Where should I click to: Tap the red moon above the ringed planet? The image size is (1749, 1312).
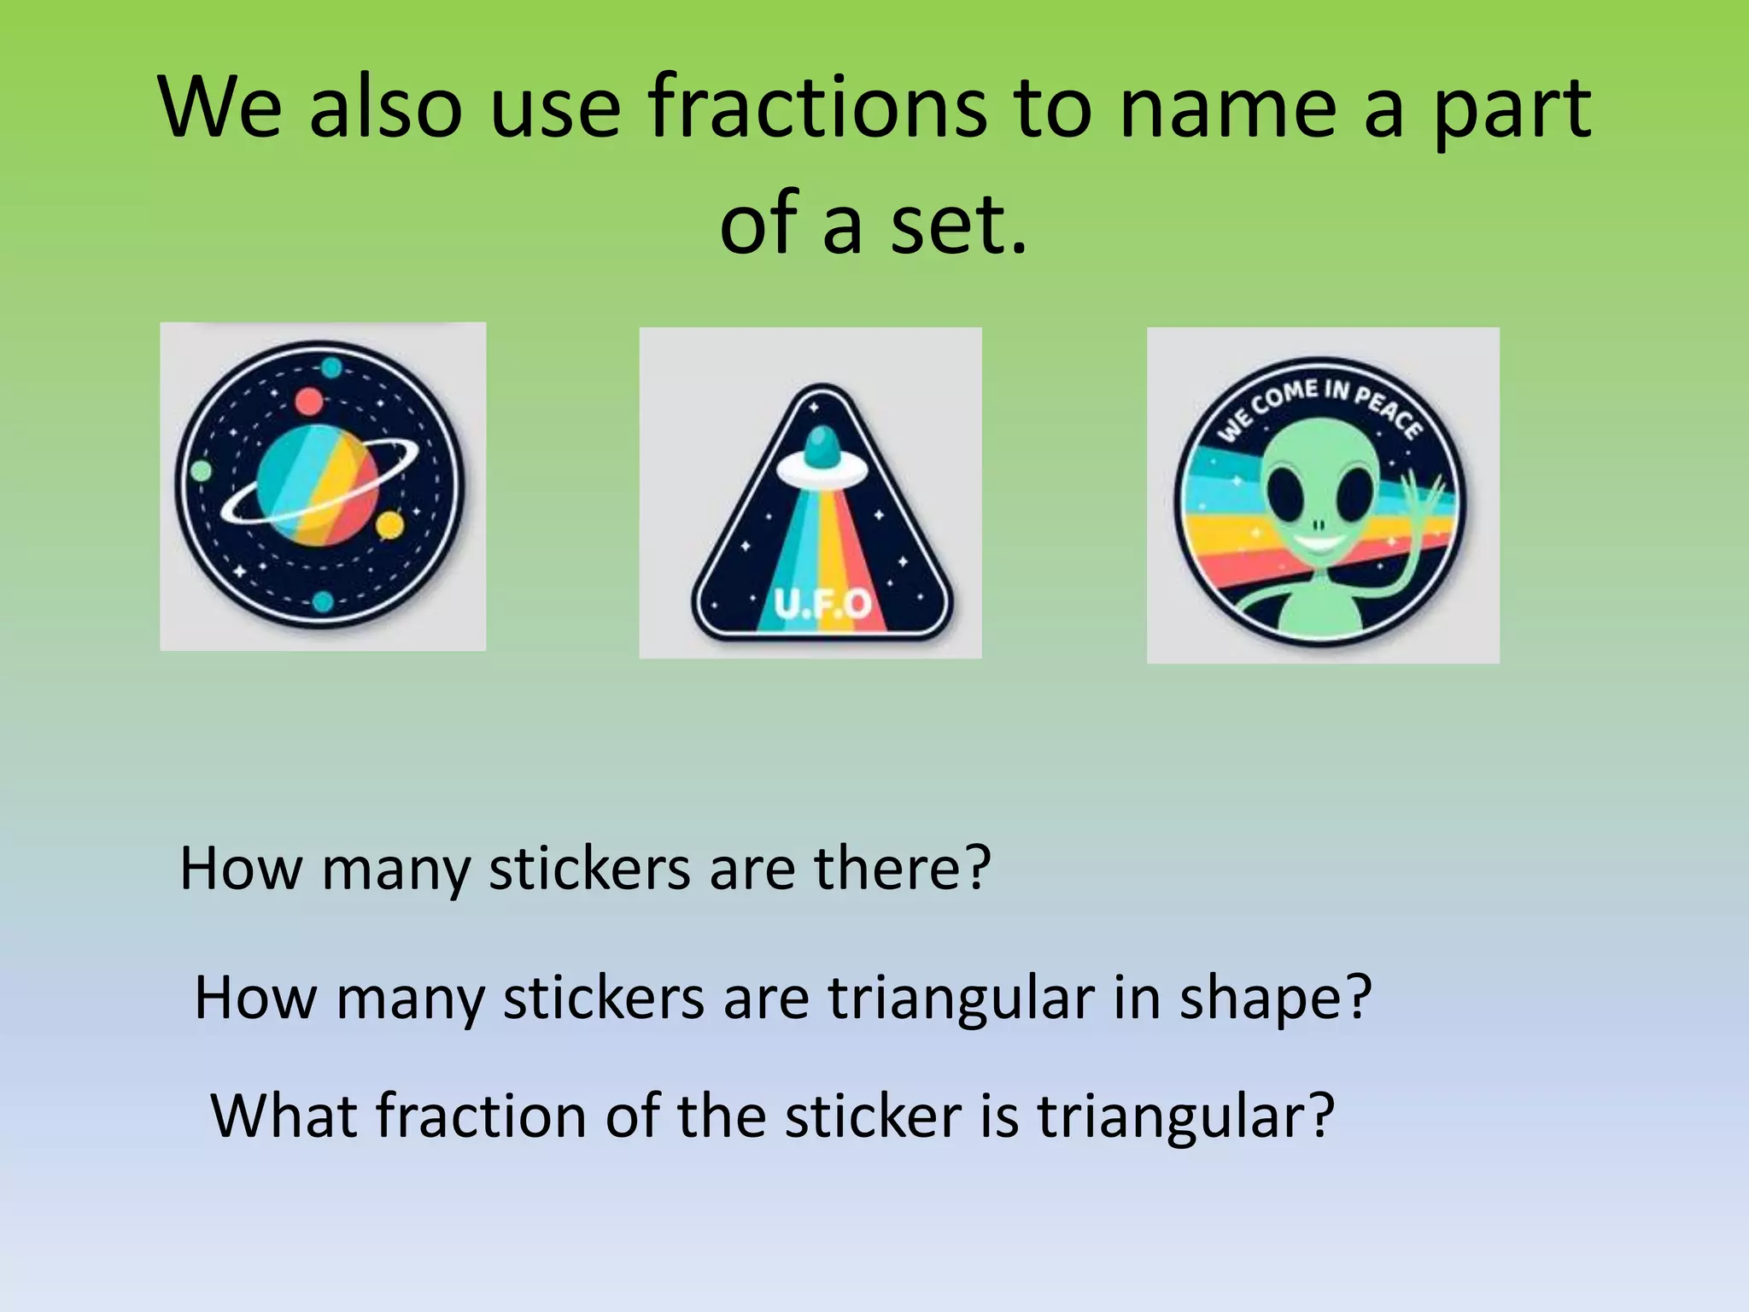point(308,401)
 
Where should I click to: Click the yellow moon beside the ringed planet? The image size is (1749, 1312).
point(389,524)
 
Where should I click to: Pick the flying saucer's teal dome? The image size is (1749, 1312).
point(822,448)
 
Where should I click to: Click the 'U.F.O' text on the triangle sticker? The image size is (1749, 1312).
point(822,604)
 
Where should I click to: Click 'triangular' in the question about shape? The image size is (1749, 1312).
point(961,998)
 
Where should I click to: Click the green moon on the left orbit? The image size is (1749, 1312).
point(201,471)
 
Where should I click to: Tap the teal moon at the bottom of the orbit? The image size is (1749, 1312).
point(323,601)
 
